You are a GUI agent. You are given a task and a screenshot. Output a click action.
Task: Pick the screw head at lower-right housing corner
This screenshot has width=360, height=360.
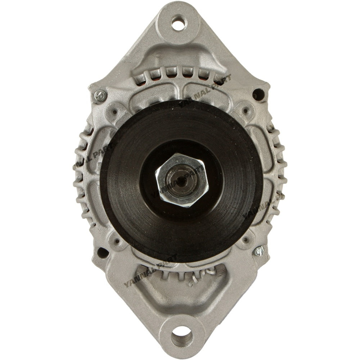259,251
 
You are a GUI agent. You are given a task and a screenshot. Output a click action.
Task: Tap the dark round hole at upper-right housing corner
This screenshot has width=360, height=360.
258,95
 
